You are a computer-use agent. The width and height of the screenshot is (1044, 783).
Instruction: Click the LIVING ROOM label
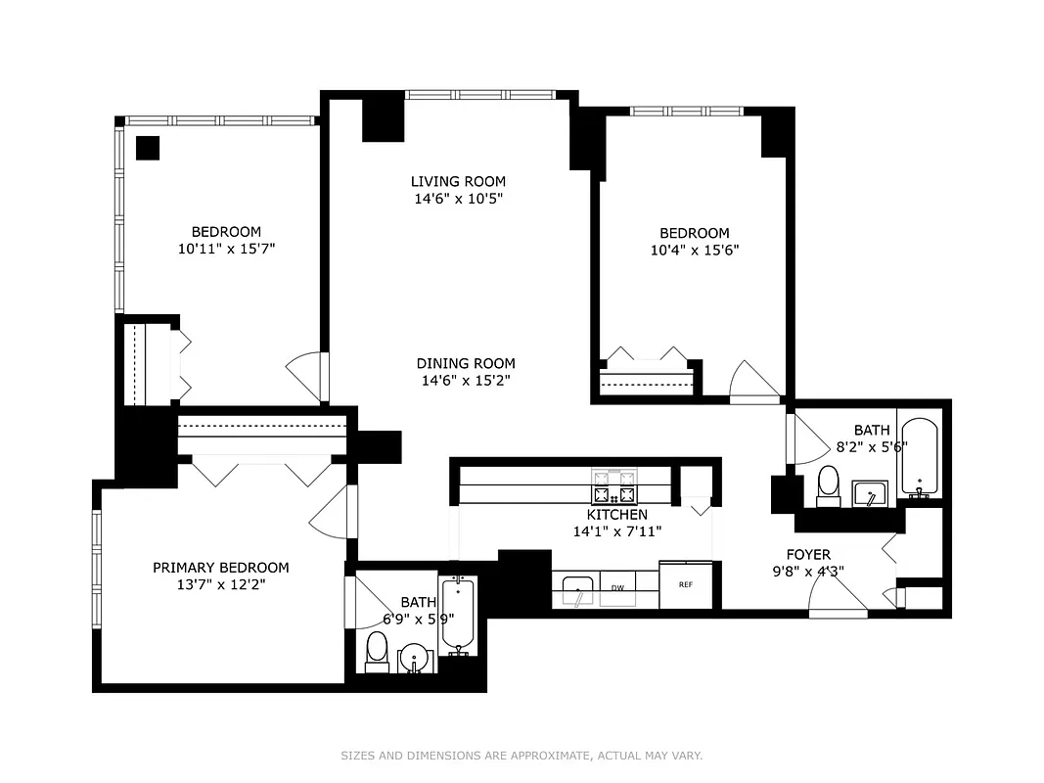(458, 181)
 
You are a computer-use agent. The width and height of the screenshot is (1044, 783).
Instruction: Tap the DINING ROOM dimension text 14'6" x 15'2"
(465, 380)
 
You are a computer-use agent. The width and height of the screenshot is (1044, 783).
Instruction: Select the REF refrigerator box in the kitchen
(686, 584)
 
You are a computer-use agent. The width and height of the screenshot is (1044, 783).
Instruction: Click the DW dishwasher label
(617, 587)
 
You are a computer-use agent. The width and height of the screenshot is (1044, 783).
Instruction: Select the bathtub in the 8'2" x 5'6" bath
(919, 457)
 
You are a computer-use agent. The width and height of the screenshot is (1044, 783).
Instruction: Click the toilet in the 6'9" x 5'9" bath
(377, 651)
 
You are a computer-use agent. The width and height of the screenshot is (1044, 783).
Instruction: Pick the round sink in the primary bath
(415, 660)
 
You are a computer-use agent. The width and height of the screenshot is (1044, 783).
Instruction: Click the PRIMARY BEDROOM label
(221, 568)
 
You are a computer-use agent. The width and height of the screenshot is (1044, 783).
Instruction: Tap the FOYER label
(808, 555)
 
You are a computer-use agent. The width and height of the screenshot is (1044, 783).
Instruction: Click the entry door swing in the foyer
(838, 597)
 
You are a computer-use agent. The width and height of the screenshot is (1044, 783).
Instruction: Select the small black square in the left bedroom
(147, 148)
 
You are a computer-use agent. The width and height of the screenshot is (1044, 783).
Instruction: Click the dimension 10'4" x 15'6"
(694, 250)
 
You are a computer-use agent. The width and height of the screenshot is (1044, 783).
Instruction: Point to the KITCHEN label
(616, 515)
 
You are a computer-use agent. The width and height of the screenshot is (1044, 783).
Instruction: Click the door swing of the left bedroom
(304, 376)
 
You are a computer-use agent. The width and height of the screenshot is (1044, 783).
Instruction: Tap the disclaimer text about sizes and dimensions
(522, 756)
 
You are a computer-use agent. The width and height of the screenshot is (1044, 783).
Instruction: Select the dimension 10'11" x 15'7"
(226, 249)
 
